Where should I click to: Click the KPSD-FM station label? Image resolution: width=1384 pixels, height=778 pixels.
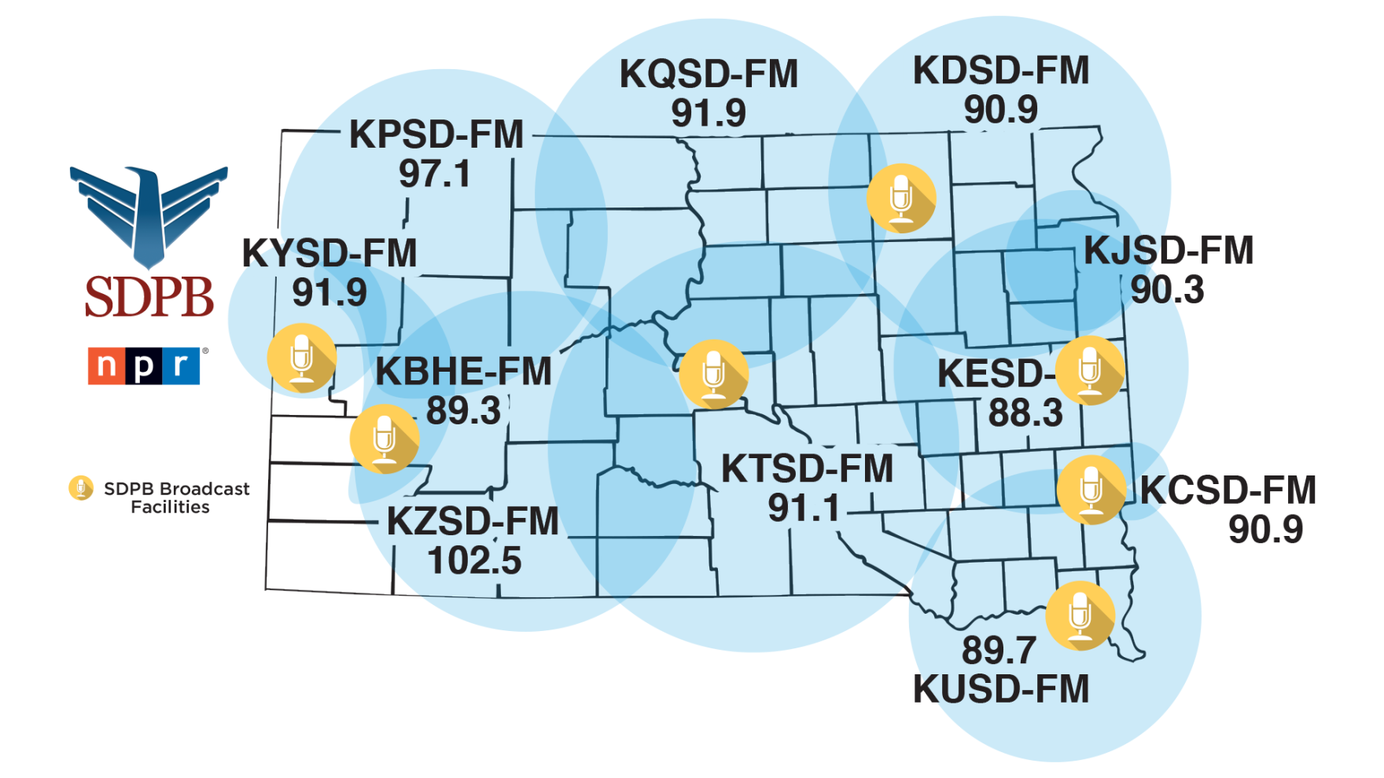coord(436,134)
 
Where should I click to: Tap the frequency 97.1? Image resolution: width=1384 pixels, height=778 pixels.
coord(434,174)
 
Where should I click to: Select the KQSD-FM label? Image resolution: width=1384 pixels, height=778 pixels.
coord(709,75)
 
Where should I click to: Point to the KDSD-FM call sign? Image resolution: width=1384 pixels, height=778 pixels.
coord(1000,71)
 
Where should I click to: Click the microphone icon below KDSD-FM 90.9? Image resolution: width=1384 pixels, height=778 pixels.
coord(901,198)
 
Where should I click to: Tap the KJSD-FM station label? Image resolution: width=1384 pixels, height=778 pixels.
coord(1169,251)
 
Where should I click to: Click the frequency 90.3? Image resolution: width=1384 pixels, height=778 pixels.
coord(1167,290)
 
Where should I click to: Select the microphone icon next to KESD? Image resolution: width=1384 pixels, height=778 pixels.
coord(1090,370)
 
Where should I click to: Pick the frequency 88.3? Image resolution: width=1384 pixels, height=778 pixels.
coord(1025,413)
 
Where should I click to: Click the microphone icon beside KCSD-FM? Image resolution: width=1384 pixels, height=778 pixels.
coord(1091,489)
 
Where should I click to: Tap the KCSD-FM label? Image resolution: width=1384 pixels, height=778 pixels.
coord(1228,490)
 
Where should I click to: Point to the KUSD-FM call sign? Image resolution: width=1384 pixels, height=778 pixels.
coord(1000,689)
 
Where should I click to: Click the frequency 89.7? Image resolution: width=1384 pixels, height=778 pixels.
coord(999,650)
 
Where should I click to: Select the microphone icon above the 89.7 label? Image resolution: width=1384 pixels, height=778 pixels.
coord(1080,615)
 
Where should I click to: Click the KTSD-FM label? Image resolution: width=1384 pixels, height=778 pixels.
coord(808,469)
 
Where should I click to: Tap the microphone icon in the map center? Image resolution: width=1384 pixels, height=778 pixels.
coord(713,374)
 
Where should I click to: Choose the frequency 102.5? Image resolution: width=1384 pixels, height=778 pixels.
coord(474,561)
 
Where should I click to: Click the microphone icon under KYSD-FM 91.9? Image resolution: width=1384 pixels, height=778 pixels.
coord(302,358)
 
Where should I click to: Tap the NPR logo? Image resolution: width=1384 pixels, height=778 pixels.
coord(144,365)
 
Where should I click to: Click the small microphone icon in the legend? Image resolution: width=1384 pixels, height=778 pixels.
coord(81,488)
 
